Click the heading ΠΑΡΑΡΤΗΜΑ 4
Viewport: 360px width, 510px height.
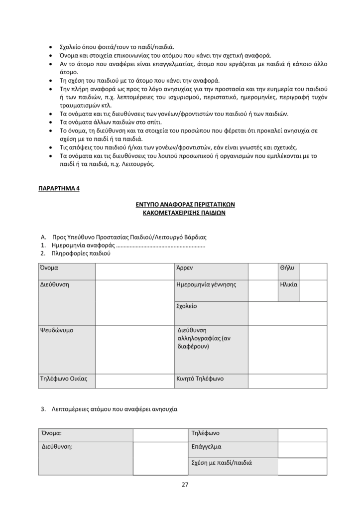coord(59,189)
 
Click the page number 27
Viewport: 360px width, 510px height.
coord(184,485)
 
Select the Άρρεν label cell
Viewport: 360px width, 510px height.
coord(185,268)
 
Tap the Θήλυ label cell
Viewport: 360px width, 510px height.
coord(287,268)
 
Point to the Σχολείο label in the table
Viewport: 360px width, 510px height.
coord(187,306)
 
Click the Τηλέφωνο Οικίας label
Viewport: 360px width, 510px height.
coord(63,379)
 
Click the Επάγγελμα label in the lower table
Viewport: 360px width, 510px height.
coord(206,447)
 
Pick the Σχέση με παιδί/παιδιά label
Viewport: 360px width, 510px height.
coord(222,463)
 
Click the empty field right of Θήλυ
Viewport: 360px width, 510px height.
coord(313,271)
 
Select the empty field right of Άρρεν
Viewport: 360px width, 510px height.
coord(259,271)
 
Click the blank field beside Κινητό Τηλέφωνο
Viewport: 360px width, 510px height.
coord(287,381)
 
